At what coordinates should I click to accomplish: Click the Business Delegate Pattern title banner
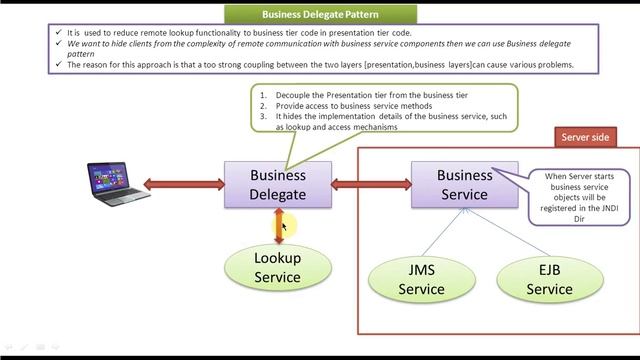point(321,14)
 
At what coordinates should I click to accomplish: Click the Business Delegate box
point(278,185)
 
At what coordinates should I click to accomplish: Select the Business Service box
point(465,185)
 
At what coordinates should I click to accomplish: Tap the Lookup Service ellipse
point(278,268)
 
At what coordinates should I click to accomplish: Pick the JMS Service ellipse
point(421,279)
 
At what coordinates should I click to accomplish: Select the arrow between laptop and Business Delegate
point(184,184)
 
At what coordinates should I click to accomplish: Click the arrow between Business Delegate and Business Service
point(371,184)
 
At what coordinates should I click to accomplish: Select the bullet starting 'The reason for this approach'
point(320,65)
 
